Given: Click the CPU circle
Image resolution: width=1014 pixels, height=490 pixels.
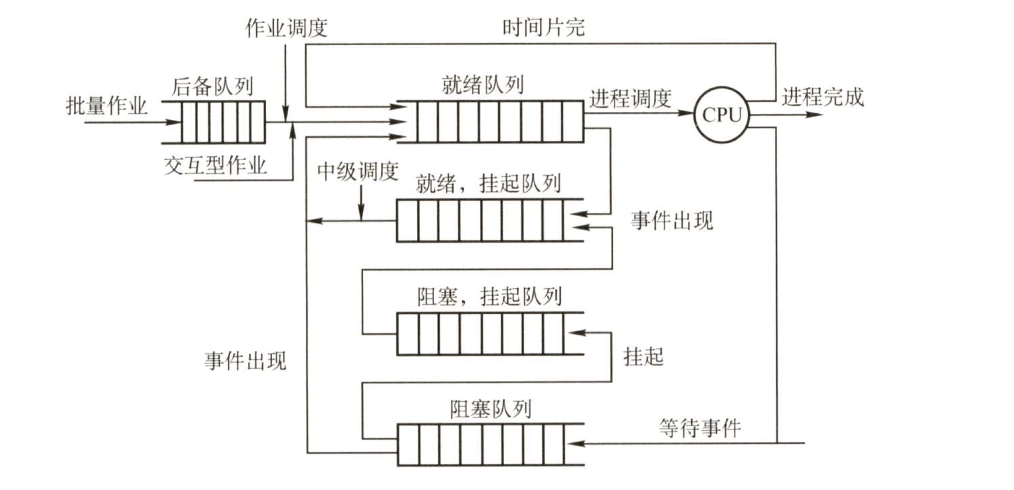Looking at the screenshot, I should point(722,115).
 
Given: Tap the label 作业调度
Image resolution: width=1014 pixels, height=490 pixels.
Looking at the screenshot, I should point(286,28).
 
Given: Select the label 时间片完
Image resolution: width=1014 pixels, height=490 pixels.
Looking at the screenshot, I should point(543,28).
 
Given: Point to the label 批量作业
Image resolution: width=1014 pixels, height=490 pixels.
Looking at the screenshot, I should point(107,106).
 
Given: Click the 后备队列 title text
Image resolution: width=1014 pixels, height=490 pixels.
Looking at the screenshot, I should point(213,86).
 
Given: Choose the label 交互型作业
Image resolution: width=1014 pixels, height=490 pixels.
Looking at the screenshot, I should point(215,165).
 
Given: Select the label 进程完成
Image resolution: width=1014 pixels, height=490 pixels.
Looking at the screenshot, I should point(823,97).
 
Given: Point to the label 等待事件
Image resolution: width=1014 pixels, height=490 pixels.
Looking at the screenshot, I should point(700,428).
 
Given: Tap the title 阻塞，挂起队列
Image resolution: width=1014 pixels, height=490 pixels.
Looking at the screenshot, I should point(489,297).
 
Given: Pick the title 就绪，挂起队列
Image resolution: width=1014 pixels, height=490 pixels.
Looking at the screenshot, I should point(488,184).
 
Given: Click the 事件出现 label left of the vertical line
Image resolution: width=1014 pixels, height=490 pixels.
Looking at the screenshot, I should point(245,361).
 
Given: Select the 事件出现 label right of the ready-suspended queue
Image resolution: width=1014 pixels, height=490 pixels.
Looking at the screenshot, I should point(672,221).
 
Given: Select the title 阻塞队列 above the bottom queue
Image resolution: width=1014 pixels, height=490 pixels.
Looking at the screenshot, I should point(491,409).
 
